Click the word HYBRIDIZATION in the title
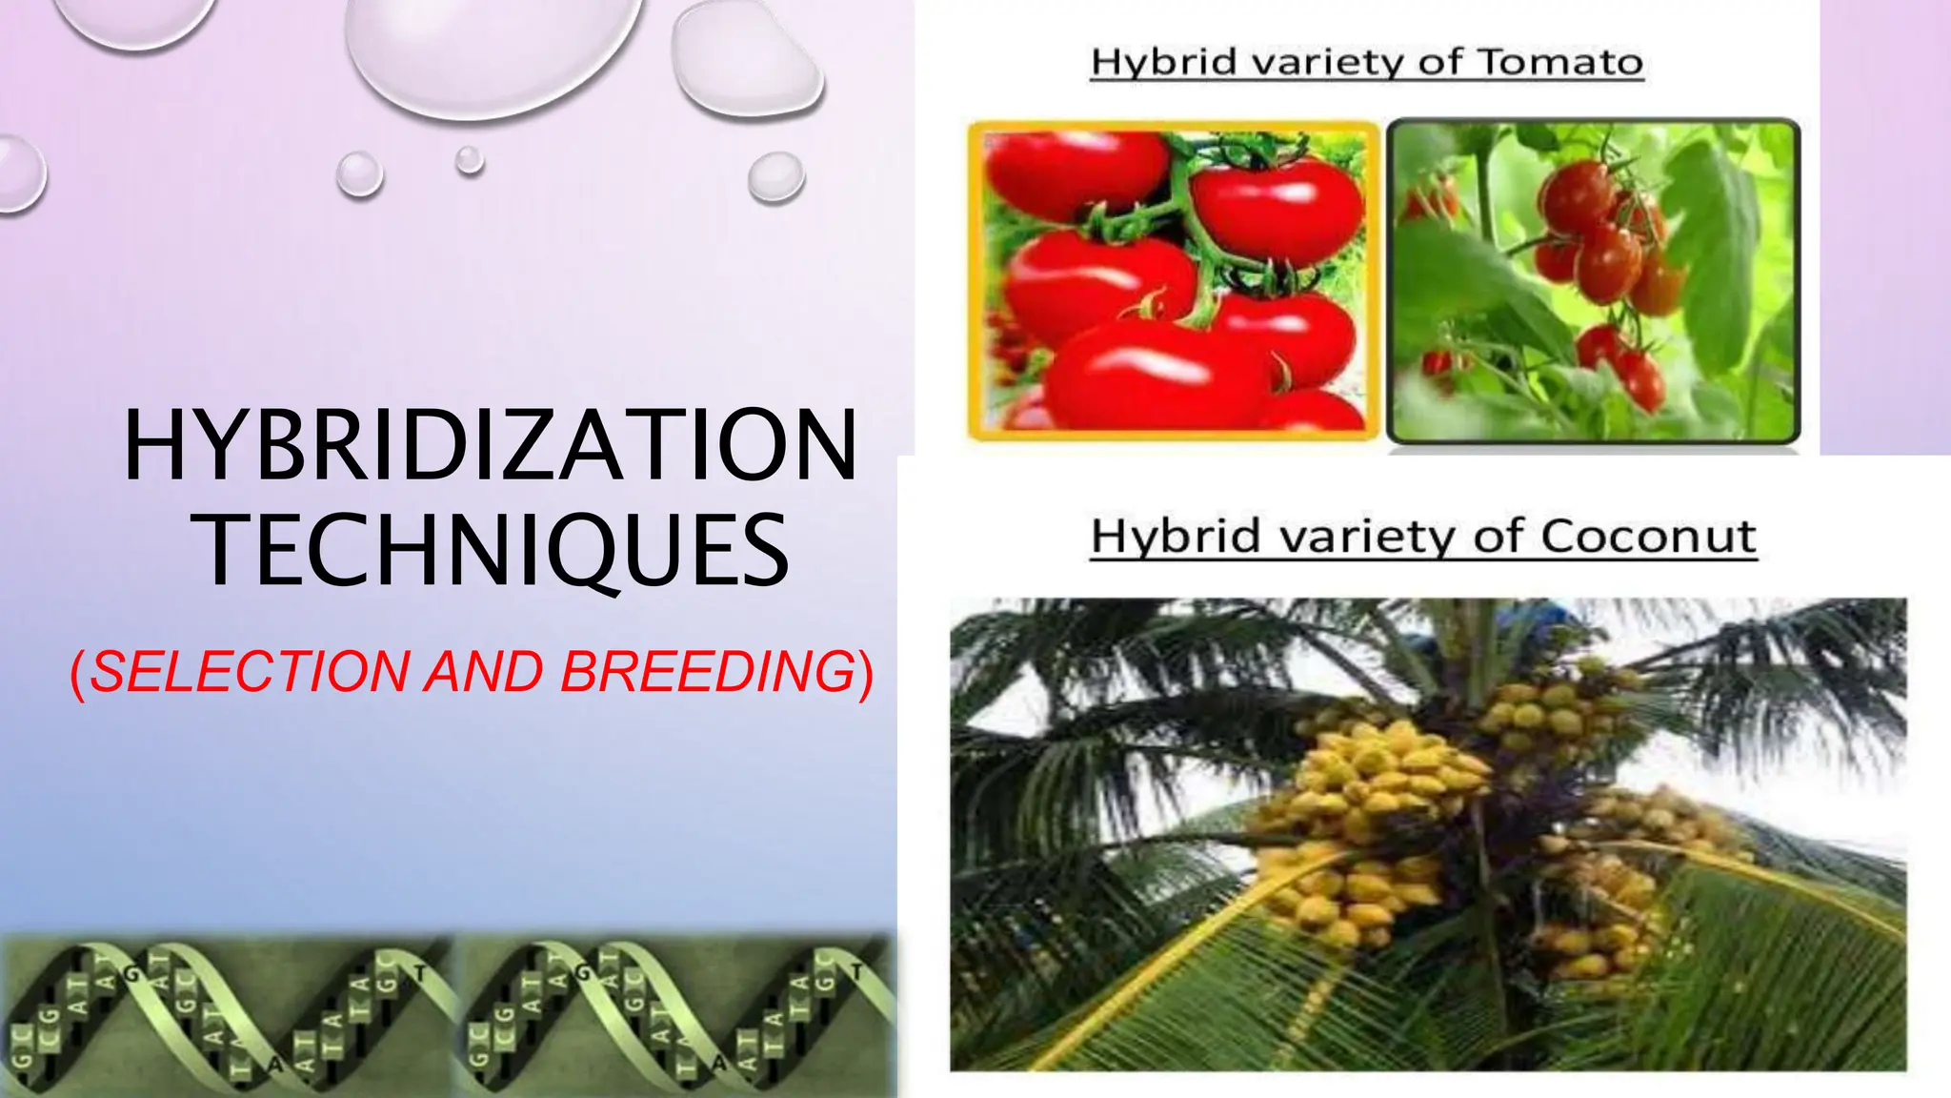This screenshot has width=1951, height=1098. (491, 446)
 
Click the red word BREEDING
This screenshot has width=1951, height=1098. (708, 672)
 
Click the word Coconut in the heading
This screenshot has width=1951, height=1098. (1647, 537)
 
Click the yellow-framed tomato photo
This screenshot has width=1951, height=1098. (1174, 281)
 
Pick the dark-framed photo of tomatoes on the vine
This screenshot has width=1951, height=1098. (1593, 281)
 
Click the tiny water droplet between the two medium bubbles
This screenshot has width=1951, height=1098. (469, 160)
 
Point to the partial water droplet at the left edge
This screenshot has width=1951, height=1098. (19, 173)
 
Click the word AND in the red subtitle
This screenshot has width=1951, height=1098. (484, 672)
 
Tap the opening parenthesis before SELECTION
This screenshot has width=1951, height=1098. (78, 674)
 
